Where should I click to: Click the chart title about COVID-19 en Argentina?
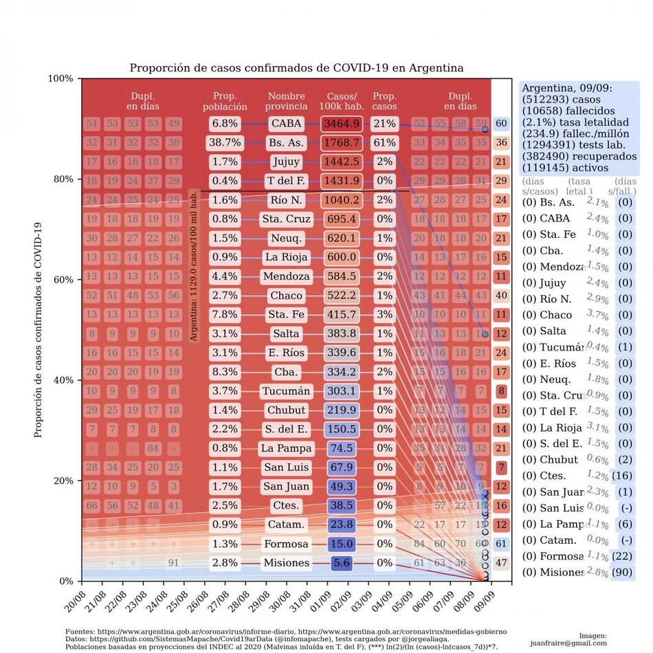[x=296, y=68]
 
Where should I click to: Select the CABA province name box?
[x=286, y=124]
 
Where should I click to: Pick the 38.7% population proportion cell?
[x=225, y=143]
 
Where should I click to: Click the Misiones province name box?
[x=286, y=563]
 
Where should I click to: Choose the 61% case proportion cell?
[x=384, y=143]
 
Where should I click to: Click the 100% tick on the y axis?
[x=60, y=78]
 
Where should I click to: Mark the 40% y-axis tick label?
[x=63, y=380]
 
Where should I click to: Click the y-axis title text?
[x=39, y=330]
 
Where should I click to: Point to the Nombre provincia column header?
[x=287, y=102]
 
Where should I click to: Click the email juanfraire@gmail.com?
[x=568, y=643]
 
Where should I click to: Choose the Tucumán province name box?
[x=286, y=391]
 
